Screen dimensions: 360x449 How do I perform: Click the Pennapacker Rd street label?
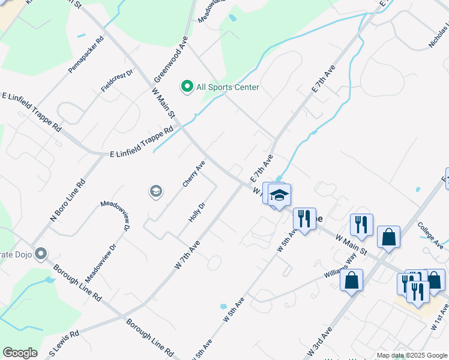[86, 55]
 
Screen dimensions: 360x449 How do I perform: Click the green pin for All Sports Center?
[187, 88]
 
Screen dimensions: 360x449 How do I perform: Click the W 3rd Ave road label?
[319, 341]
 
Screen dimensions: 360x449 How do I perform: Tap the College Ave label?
[430, 236]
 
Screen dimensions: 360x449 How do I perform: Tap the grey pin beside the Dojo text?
[41, 254]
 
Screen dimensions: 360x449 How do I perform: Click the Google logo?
[20, 353]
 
